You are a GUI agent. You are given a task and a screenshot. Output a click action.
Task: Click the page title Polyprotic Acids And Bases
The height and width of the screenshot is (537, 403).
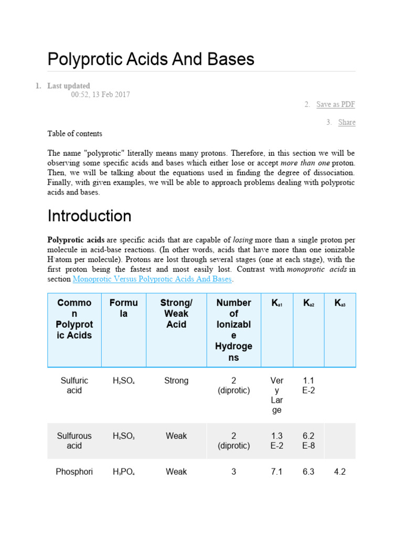point(151,59)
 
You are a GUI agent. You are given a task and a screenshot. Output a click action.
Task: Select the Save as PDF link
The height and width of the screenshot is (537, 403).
point(335,104)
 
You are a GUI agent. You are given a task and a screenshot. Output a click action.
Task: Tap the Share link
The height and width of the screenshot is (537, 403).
point(346,122)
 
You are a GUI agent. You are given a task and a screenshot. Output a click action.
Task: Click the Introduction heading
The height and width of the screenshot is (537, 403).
point(89,216)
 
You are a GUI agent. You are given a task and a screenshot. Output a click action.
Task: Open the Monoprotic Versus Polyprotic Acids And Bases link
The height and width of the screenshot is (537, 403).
point(152,279)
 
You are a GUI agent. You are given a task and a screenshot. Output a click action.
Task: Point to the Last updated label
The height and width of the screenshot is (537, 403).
point(68,85)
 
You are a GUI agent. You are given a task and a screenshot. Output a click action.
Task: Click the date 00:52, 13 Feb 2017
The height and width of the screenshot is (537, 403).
point(100,94)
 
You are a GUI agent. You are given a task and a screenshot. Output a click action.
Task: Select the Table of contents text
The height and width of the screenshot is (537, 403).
point(75,134)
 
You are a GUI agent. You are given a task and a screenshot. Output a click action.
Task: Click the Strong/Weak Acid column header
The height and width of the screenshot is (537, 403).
point(176,314)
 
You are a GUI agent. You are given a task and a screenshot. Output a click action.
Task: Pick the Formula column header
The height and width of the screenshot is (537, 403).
point(123,308)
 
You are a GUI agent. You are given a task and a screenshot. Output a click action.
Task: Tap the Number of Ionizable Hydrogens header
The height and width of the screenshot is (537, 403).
point(234,330)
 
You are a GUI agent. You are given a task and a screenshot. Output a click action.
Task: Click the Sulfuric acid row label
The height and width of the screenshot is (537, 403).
point(75,385)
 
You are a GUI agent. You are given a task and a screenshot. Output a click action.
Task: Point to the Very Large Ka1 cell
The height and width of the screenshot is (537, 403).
point(277,395)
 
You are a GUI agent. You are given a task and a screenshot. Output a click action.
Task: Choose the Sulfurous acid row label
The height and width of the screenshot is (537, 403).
point(75,441)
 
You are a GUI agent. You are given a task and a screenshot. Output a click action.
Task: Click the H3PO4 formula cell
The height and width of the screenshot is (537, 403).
point(124,472)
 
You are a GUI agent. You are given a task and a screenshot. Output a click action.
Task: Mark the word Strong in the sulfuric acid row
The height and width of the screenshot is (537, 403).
point(176,381)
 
